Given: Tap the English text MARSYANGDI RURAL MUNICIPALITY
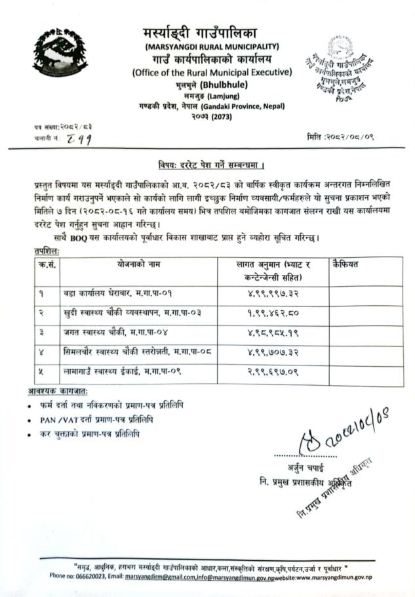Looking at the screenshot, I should (x=212, y=46).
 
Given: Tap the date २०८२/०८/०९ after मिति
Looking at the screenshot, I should (x=362, y=136).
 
